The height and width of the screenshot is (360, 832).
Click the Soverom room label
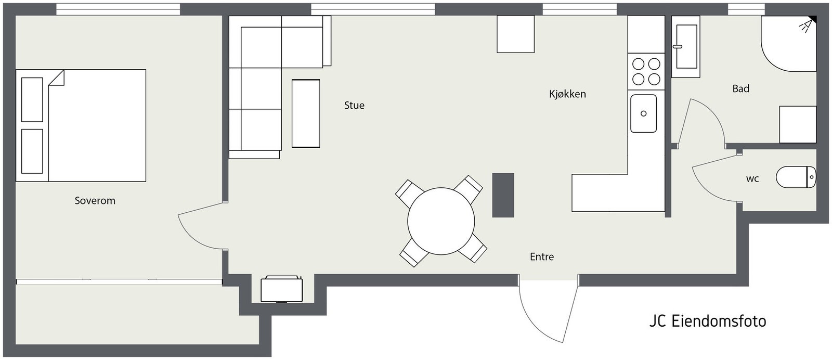pyautogui.click(x=95, y=201)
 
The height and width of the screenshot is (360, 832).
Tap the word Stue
pyautogui.click(x=354, y=106)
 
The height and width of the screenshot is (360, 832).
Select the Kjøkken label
pyautogui.click(x=567, y=94)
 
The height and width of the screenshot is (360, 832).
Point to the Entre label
pyautogui.click(x=542, y=257)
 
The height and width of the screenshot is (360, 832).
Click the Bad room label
pyautogui.click(x=740, y=89)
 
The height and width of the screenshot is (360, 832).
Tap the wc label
pyautogui.click(x=752, y=179)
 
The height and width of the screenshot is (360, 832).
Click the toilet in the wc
pyautogui.click(x=796, y=177)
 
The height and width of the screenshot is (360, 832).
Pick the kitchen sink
pyautogui.click(x=643, y=113)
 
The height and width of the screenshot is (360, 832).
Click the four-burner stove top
pyautogui.click(x=646, y=71)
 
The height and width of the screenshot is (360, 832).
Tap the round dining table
pyautogui.click(x=441, y=221)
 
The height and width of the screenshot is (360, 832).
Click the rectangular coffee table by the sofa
pyautogui.click(x=306, y=113)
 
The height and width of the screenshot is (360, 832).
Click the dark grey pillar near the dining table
pyautogui.click(x=503, y=195)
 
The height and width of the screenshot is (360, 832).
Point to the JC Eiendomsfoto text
pyautogui.click(x=707, y=321)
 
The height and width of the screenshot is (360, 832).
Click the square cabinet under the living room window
pyautogui.click(x=515, y=34)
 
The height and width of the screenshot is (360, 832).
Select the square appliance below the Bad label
pyautogui.click(x=797, y=124)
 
